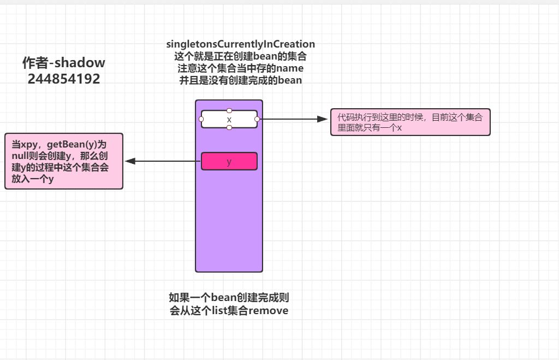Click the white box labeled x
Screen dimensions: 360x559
pyautogui.click(x=229, y=119)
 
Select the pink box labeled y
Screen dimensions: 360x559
pyautogui.click(x=229, y=161)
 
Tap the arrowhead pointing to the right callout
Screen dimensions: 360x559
pyautogui.click(x=322, y=119)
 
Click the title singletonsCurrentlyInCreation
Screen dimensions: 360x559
pyautogui.click(x=241, y=44)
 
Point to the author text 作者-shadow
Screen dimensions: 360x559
pyautogui.click(x=64, y=63)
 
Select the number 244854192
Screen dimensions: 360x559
pyautogui.click(x=64, y=79)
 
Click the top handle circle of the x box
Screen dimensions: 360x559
pyautogui.click(x=229, y=110)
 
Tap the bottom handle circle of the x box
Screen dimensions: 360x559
pyautogui.click(x=229, y=128)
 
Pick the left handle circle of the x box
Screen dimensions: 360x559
pyautogui.click(x=201, y=119)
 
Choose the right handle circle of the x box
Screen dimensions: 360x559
pyautogui.click(x=257, y=119)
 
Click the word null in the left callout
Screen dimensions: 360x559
pyautogui.click(x=21, y=156)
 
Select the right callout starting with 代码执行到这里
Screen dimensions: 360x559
pyautogui.click(x=410, y=122)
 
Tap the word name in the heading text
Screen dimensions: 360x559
pyautogui.click(x=290, y=68)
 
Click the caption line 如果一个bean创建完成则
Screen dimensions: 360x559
pyautogui.click(x=229, y=298)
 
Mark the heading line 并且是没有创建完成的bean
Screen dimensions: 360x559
pyautogui.click(x=241, y=80)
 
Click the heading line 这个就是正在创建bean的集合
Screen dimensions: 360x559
pyautogui.click(x=241, y=56)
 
